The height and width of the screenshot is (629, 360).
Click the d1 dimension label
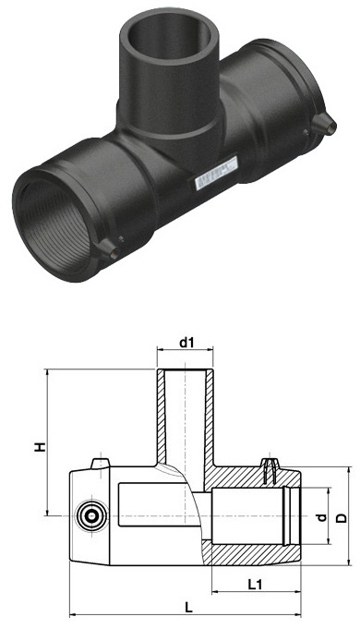click(x=186, y=343)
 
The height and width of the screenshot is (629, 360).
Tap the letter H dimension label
click(x=40, y=447)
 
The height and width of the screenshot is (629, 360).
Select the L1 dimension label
click(x=255, y=585)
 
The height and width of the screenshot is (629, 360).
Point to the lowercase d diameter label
click(x=321, y=518)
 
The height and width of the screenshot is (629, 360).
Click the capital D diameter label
click(x=342, y=518)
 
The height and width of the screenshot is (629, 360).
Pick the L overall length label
click(x=189, y=608)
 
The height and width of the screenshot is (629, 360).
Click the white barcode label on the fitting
click(x=216, y=173)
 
